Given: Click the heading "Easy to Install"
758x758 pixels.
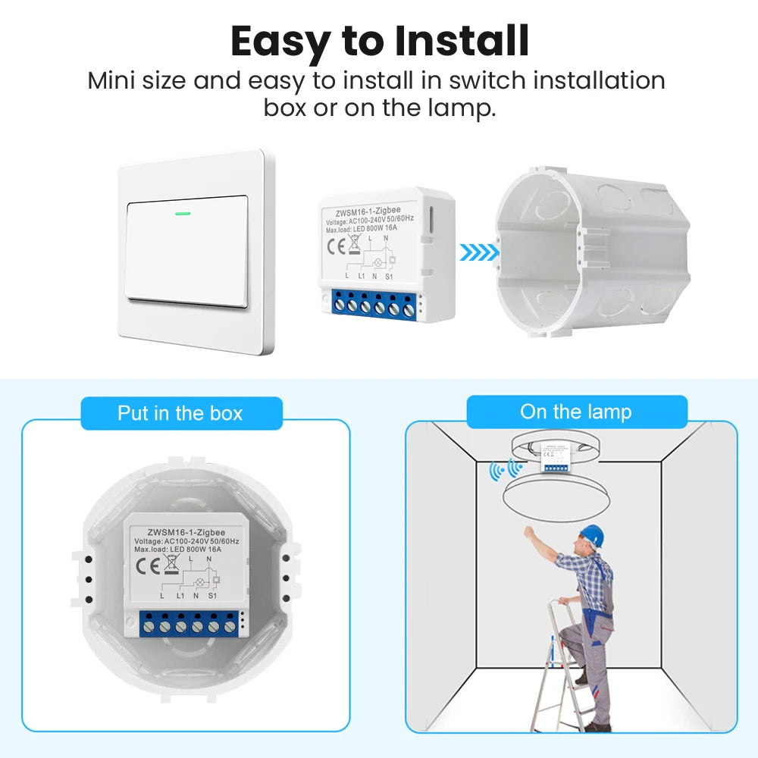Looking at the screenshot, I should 379,42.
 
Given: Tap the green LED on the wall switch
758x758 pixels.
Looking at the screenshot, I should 183,212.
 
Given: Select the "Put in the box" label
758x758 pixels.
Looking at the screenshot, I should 180,414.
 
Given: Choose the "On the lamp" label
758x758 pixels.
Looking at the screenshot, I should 576,412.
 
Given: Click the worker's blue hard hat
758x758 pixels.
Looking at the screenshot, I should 592,534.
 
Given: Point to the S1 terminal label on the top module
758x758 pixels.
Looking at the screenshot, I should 388,277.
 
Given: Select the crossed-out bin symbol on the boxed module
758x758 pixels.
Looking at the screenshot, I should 171,565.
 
